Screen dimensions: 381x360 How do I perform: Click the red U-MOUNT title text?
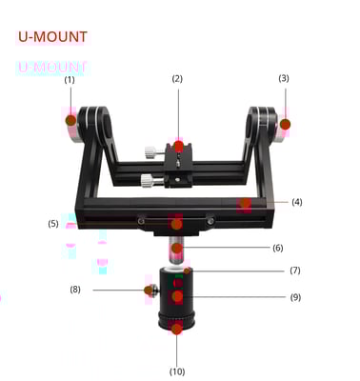52,37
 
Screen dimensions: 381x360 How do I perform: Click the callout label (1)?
70,80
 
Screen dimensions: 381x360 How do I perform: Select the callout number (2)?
177,78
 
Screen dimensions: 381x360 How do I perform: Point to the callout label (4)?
297,202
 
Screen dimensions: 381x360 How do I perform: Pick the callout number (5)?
53,224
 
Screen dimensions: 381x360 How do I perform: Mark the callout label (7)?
295,271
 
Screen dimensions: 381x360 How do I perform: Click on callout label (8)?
75,289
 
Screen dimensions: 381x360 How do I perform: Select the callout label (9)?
295,298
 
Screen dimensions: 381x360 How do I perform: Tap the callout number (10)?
177,370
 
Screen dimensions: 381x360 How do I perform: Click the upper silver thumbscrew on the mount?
150,150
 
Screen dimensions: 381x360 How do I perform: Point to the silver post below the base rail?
178,250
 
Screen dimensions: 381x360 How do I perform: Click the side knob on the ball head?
149,289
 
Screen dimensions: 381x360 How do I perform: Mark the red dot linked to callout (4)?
246,203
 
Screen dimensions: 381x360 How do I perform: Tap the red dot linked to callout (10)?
177,329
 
